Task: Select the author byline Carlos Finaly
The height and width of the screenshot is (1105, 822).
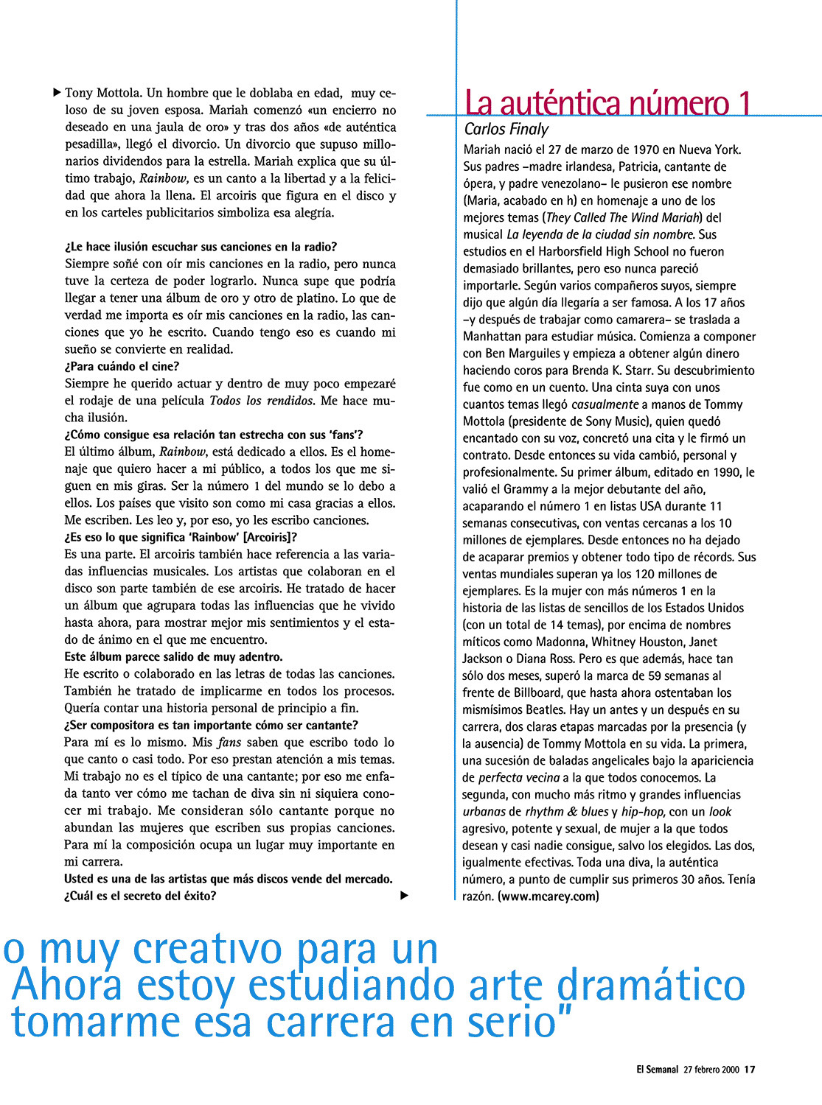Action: coord(506,129)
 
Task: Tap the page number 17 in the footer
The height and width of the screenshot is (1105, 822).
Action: coord(749,1070)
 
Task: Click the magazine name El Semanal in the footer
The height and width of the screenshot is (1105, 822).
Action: coord(658,1070)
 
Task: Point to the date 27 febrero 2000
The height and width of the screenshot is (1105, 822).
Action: coord(711,1070)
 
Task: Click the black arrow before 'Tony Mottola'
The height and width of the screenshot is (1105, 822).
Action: coord(58,93)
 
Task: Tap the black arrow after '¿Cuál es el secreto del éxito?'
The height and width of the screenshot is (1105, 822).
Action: coord(403,896)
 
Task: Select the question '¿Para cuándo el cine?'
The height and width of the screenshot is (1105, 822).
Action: coord(122,366)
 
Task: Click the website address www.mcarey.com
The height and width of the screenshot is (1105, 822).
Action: coord(548,897)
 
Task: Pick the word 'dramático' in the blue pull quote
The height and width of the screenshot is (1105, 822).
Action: coord(649,986)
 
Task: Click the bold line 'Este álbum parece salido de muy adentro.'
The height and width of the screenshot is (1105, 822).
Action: coord(173,656)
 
